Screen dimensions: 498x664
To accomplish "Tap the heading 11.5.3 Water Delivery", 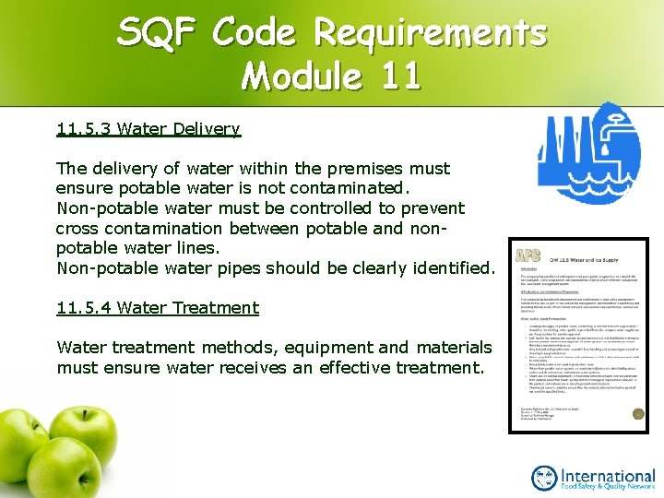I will pos(148,129).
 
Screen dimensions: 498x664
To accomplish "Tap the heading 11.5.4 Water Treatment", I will pos(158,307).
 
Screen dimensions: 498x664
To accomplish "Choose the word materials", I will pos(455,348).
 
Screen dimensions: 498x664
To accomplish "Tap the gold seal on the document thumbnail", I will pos(635,414).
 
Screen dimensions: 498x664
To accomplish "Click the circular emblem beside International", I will pos(545,477).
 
